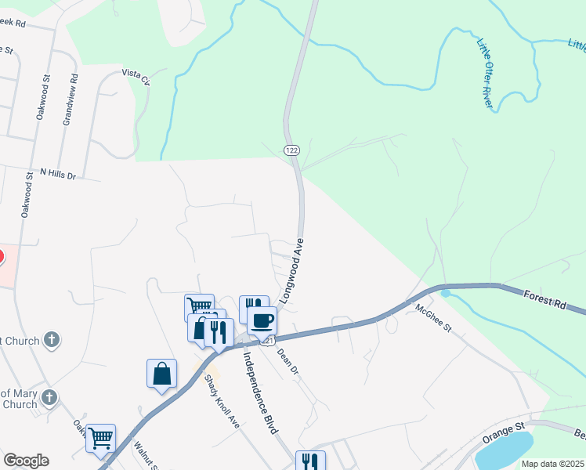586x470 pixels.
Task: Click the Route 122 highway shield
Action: click(292, 150)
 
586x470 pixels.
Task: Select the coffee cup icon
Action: click(262, 320)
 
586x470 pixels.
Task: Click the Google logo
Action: click(26, 461)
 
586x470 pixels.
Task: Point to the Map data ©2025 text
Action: click(552, 464)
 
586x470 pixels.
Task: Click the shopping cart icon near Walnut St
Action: click(101, 439)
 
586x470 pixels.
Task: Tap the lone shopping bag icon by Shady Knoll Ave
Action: click(161, 373)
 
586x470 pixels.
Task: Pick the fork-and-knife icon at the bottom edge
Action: click(310, 461)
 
